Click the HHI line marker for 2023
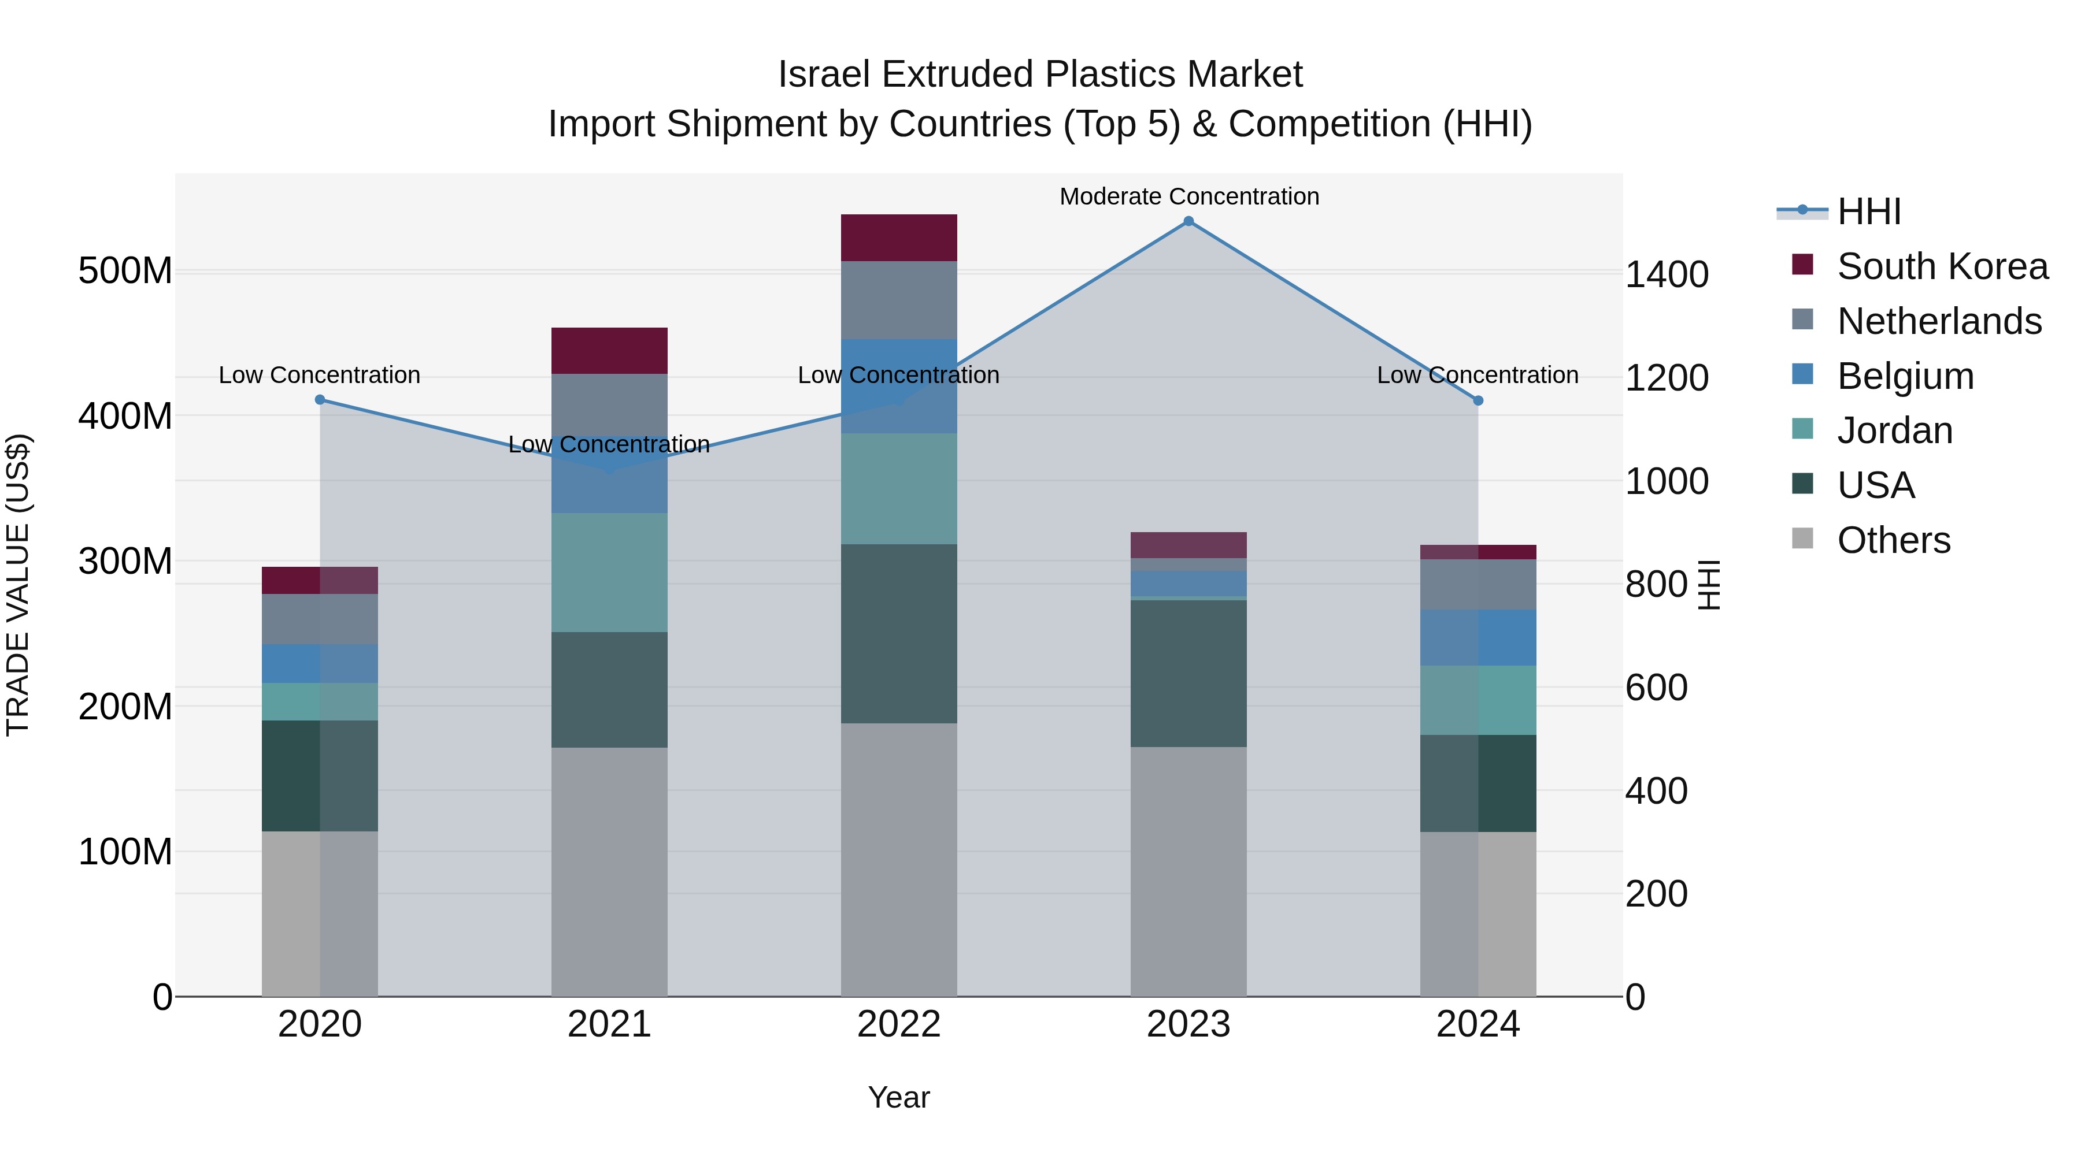pyautogui.click(x=1188, y=221)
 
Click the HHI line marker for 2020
pyautogui.click(x=320, y=400)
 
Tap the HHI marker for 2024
pyautogui.click(x=1478, y=400)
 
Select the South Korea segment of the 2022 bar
pyautogui.click(x=899, y=237)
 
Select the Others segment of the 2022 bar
pyautogui.click(x=899, y=859)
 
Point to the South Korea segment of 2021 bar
pyautogui.click(x=609, y=351)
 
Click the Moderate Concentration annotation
pyautogui.click(x=1189, y=196)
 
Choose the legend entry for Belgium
pyautogui.click(x=1905, y=376)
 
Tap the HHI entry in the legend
pyautogui.click(x=1868, y=211)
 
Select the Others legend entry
pyautogui.click(x=1893, y=540)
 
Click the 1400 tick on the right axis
pyautogui.click(x=1666, y=274)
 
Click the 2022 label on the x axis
pyautogui.click(x=898, y=1024)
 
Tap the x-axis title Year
pyautogui.click(x=898, y=1097)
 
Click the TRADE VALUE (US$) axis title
pyautogui.click(x=18, y=585)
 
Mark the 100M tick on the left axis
pyautogui.click(x=125, y=852)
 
